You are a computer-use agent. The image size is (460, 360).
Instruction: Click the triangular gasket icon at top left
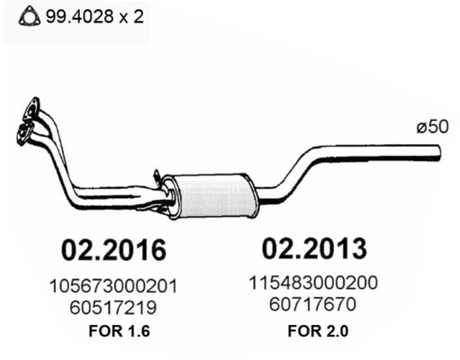(x=30, y=17)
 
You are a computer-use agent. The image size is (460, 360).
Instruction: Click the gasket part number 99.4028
(x=79, y=17)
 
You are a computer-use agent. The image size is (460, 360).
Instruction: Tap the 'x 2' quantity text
(x=131, y=17)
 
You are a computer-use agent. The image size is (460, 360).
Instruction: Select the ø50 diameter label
(x=432, y=127)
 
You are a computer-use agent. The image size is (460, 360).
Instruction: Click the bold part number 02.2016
(x=113, y=250)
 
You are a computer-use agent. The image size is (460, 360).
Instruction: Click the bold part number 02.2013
(x=314, y=248)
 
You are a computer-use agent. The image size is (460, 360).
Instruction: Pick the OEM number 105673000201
(x=113, y=286)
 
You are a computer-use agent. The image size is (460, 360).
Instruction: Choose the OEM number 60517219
(x=113, y=308)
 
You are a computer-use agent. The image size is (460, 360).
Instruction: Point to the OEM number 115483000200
(x=313, y=283)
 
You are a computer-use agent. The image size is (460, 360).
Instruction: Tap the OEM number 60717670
(x=312, y=304)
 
